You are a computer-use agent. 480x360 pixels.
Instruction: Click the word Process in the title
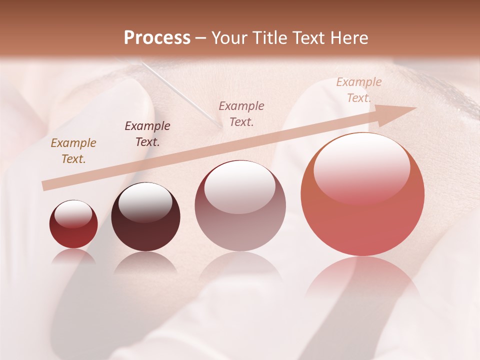157,38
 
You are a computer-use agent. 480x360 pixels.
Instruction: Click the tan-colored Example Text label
73,151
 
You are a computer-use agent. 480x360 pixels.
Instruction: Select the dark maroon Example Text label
147,134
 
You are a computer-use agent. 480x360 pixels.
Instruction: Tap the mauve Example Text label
241,113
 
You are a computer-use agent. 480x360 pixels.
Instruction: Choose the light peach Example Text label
358,90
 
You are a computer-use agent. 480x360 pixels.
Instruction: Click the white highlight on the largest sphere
361,167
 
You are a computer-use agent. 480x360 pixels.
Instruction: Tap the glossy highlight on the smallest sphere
73,214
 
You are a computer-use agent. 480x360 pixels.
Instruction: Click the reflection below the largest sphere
362,280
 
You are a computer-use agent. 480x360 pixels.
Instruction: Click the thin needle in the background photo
180,92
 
